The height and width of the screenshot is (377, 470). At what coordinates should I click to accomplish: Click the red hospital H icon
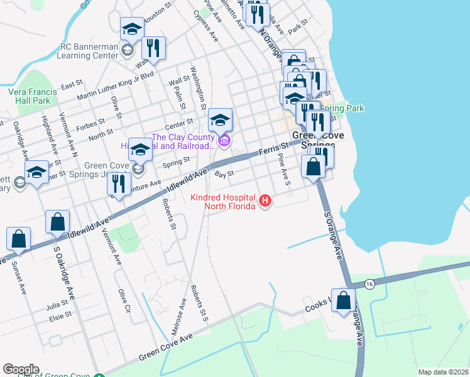point(265,202)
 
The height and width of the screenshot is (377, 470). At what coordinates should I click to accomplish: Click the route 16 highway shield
point(369,285)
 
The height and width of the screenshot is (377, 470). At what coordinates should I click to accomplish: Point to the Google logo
point(21,369)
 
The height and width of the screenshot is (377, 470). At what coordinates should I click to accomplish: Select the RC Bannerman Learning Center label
point(89,51)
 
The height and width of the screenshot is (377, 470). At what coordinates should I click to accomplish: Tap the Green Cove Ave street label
point(165,347)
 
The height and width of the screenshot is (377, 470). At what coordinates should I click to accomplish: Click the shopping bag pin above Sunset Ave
point(19,239)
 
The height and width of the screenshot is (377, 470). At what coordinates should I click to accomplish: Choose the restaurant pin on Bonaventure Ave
point(118,183)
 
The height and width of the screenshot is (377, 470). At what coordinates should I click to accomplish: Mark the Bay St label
point(224,173)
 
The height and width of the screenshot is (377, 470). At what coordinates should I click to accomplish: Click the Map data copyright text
point(443,372)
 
